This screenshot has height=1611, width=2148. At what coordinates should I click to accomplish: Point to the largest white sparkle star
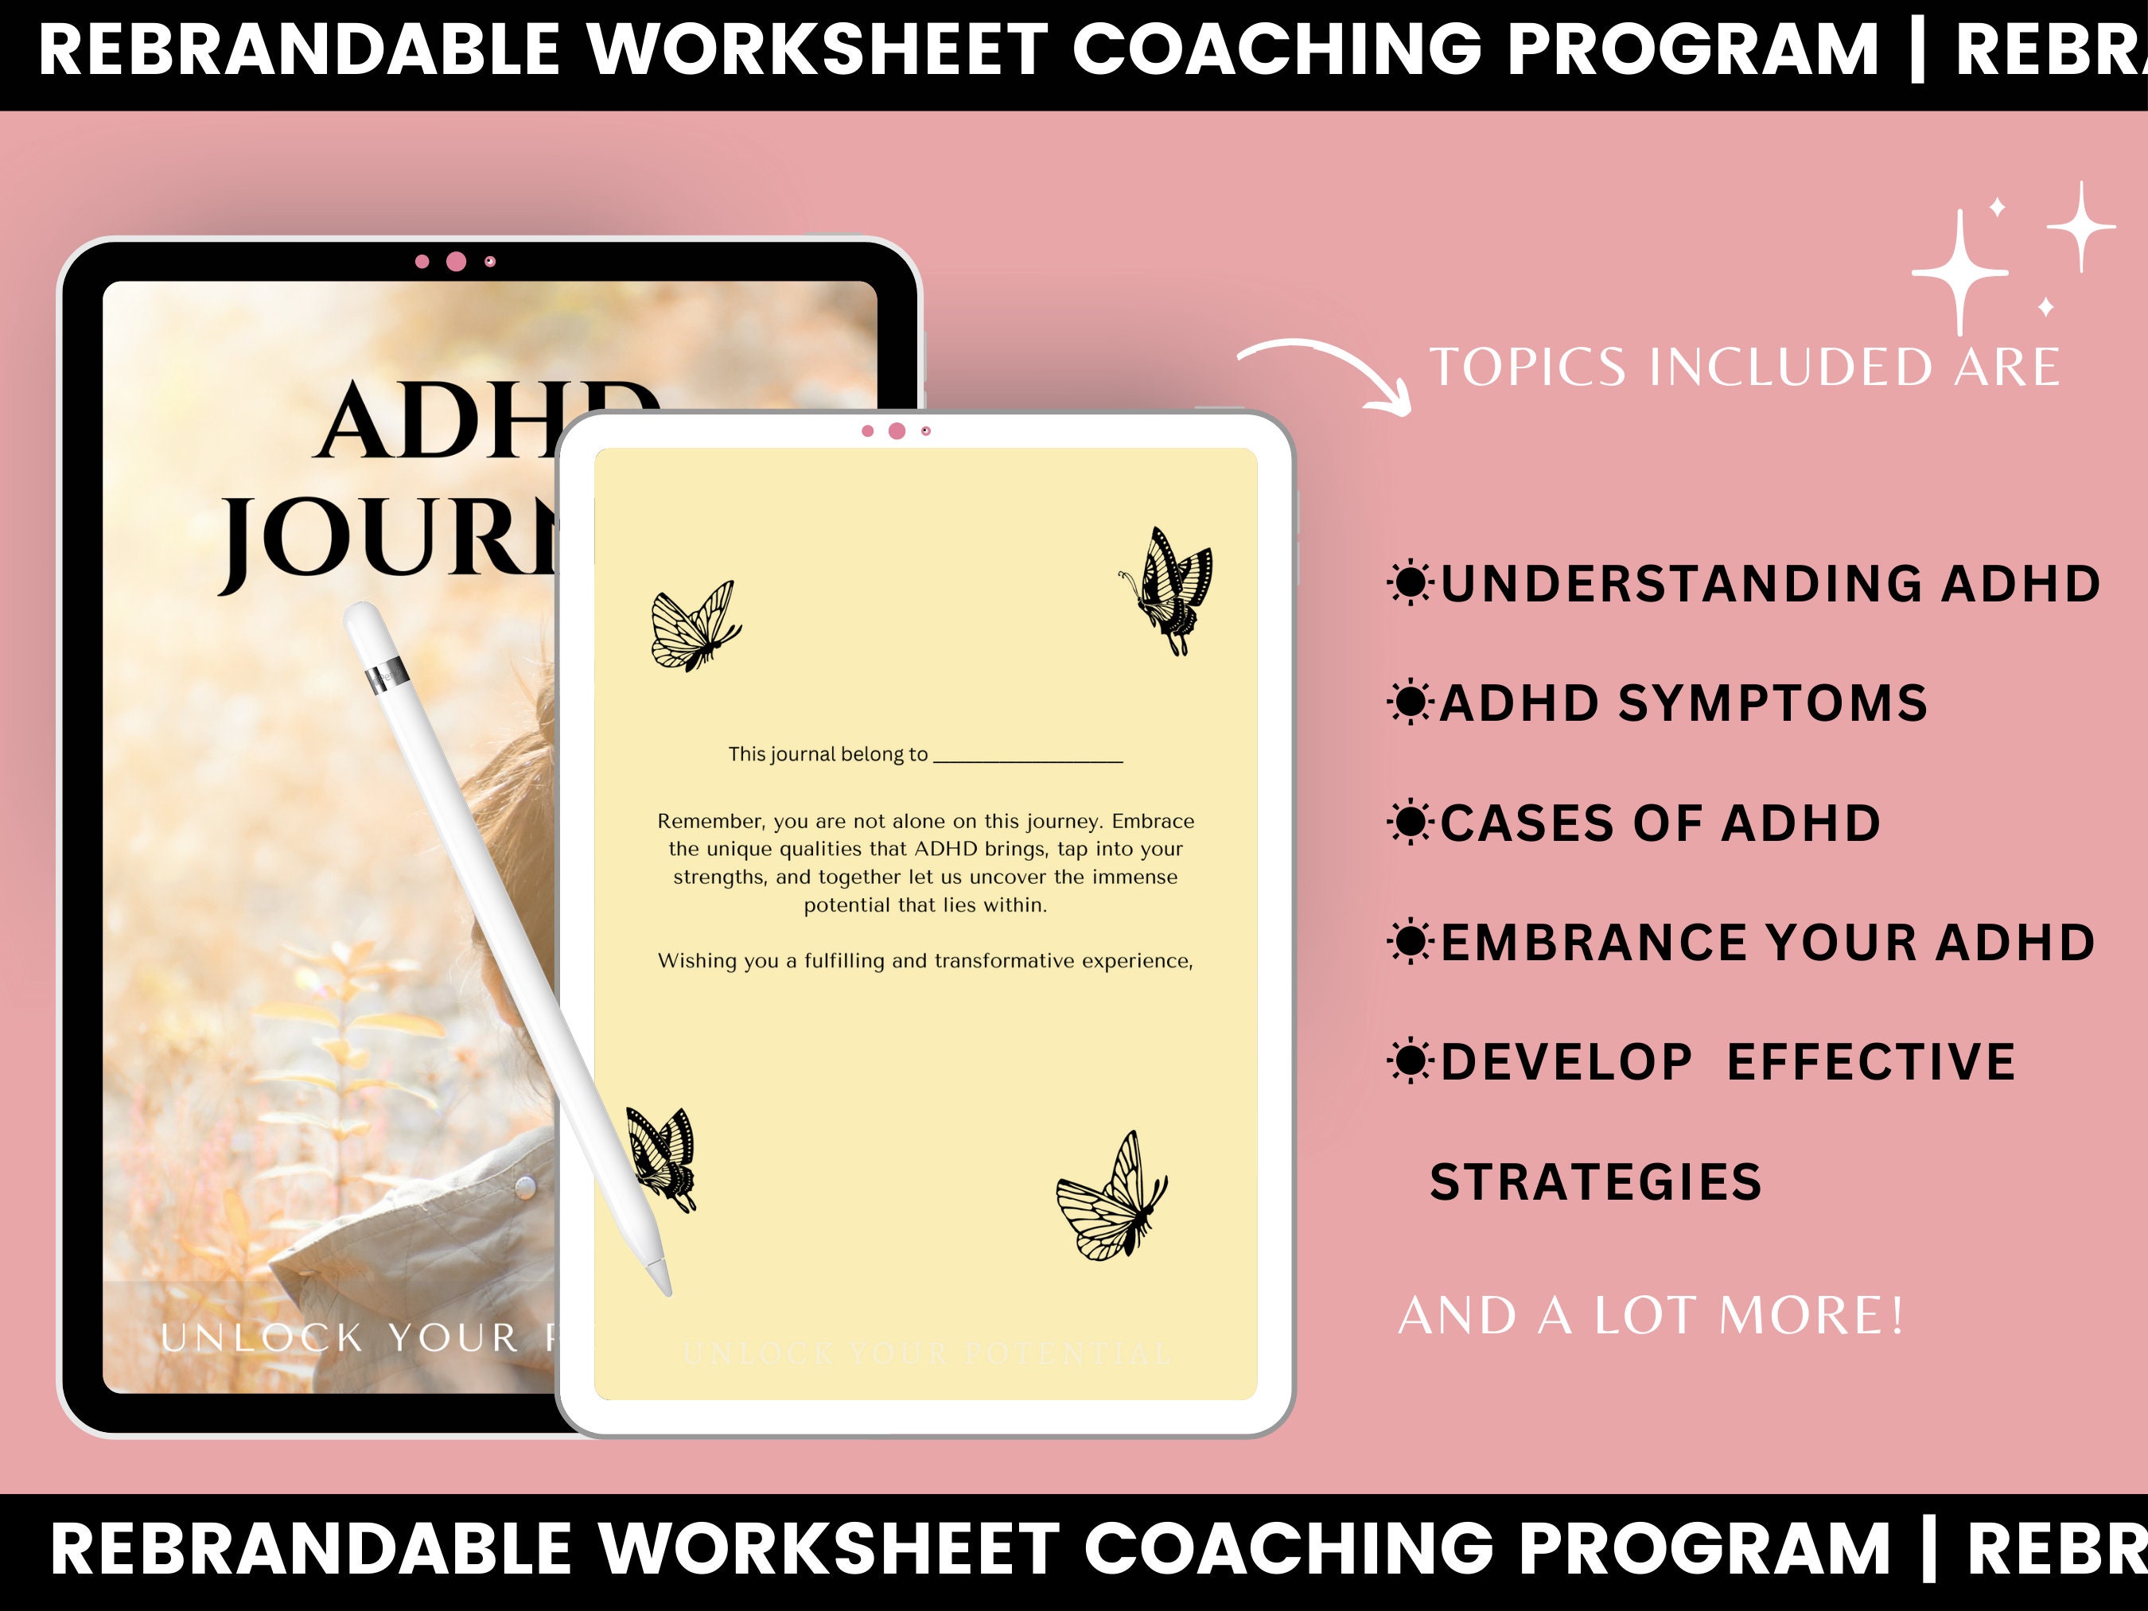(1959, 273)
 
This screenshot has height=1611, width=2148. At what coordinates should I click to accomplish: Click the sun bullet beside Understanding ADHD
(1410, 584)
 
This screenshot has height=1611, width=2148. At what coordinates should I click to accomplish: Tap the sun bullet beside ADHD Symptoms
(1410, 703)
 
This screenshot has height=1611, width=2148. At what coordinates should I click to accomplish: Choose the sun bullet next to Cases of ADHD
(1410, 823)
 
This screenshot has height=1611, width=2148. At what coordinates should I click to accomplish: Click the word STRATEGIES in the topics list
(1595, 1181)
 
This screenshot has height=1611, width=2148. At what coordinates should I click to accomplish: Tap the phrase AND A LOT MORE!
(1651, 1316)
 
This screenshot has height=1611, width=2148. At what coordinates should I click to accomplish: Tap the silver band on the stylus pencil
(386, 670)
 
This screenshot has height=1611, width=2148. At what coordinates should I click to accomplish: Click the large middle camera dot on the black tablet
(455, 261)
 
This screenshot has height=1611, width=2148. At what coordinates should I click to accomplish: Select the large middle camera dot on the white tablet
(897, 431)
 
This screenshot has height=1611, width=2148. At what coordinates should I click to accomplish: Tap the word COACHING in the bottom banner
(1289, 1549)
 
